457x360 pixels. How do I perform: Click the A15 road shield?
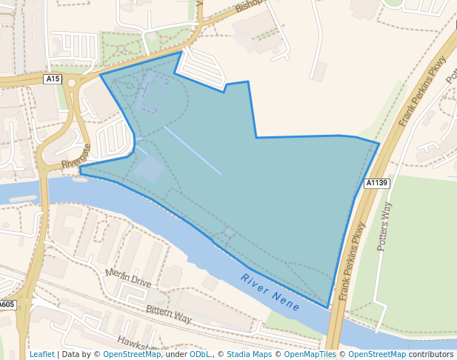[53, 79]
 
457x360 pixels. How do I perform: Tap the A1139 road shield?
[377, 183]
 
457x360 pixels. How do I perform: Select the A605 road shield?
[6, 304]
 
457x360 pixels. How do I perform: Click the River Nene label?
[270, 292]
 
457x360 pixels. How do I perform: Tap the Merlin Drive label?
[128, 278]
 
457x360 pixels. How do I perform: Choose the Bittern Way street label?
[168, 314]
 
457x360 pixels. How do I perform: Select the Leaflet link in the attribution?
[41, 354]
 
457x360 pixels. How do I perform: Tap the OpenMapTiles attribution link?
[310, 354]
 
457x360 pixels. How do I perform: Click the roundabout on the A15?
[73, 83]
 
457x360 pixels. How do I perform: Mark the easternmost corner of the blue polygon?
[378, 143]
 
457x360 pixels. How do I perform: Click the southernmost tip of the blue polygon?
[327, 307]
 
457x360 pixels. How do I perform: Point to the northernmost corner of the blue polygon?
[180, 52]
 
